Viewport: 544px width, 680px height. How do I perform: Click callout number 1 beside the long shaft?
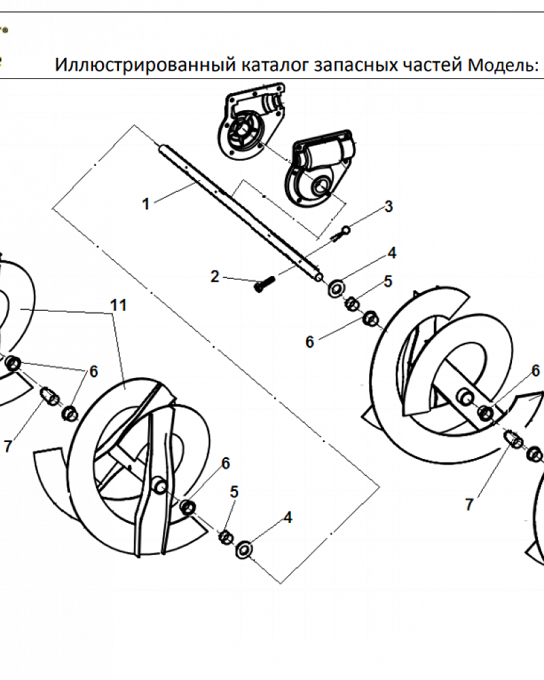[146, 203]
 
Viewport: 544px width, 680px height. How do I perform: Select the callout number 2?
[215, 276]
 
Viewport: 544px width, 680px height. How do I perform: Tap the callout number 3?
[388, 206]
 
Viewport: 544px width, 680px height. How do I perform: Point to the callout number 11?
[119, 305]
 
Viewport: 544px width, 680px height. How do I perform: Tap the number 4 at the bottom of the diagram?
[288, 517]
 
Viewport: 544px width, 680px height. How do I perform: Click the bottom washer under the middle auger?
[243, 548]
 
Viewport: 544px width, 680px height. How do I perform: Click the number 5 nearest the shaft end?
[388, 282]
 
